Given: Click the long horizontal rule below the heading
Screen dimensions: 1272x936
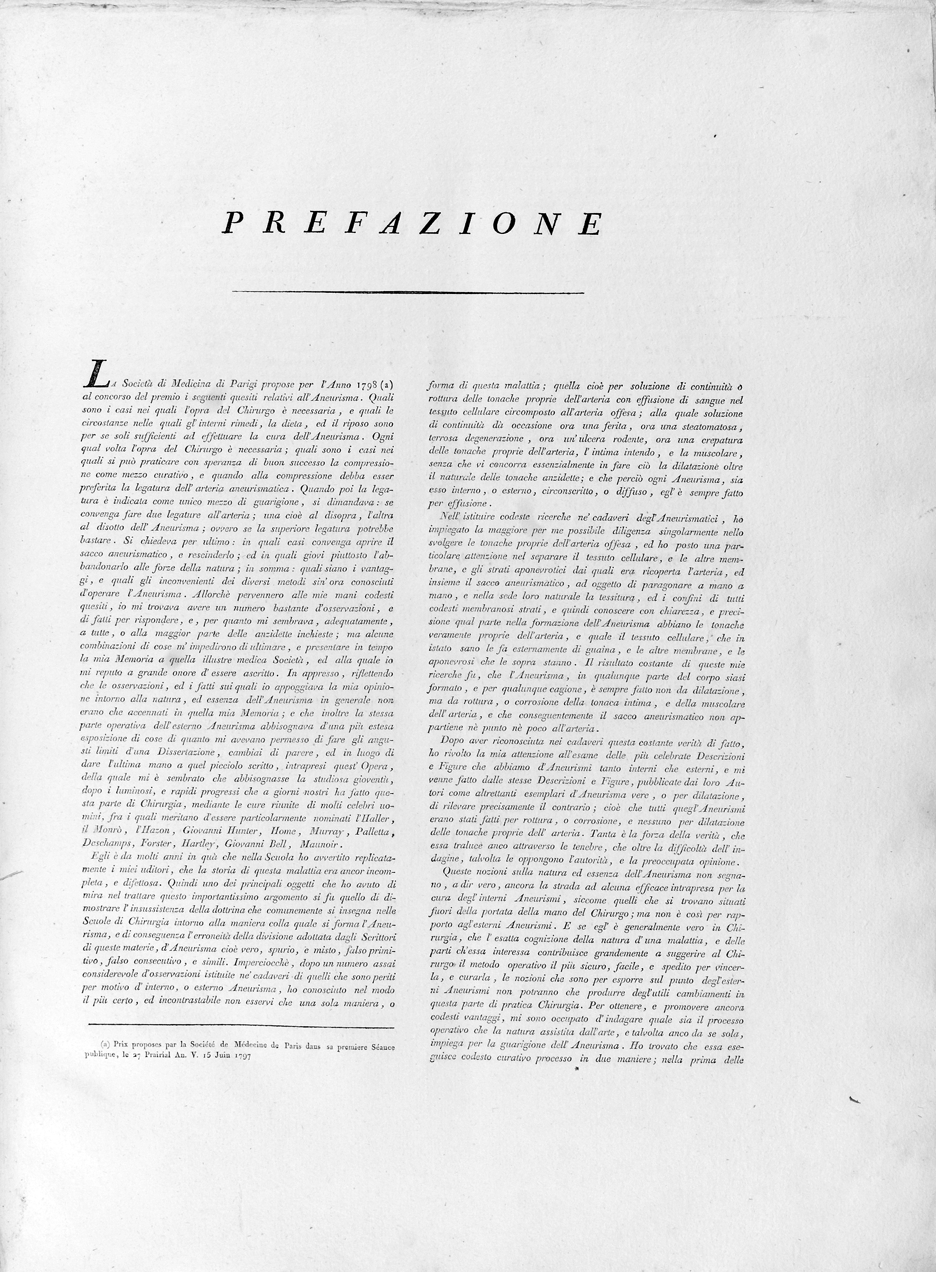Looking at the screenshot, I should [408, 292].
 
